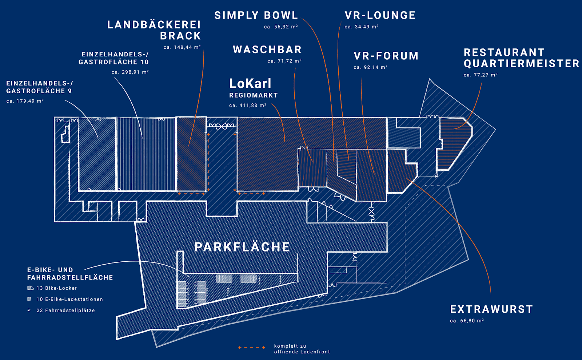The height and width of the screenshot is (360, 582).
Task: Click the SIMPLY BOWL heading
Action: pos(256,15)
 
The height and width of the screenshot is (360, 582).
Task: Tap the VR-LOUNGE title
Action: pos(380,15)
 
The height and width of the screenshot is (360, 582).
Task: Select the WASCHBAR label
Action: pos(267,50)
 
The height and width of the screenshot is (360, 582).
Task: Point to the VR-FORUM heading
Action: pos(386,56)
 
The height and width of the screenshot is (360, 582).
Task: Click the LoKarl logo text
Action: pos(250,83)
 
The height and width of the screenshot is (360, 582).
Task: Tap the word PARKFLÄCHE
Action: pos(242,247)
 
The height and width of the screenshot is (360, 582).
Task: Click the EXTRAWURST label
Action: pos(491,309)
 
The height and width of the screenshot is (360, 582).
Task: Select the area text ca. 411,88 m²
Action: pos(248,105)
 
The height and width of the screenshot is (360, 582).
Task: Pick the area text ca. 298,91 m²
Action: pos(130,72)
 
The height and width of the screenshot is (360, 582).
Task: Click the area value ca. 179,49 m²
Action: pos(25,101)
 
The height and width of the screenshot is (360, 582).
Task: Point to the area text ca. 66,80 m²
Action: pos(467,320)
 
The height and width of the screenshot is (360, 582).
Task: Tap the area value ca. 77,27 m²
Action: pos(481,75)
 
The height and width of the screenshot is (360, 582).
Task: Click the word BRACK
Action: pos(180,36)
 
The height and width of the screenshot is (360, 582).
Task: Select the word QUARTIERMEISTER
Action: pos(522,63)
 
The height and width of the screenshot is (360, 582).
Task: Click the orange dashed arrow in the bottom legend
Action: pos(252,348)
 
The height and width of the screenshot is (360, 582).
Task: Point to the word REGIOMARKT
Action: pos(253,95)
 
